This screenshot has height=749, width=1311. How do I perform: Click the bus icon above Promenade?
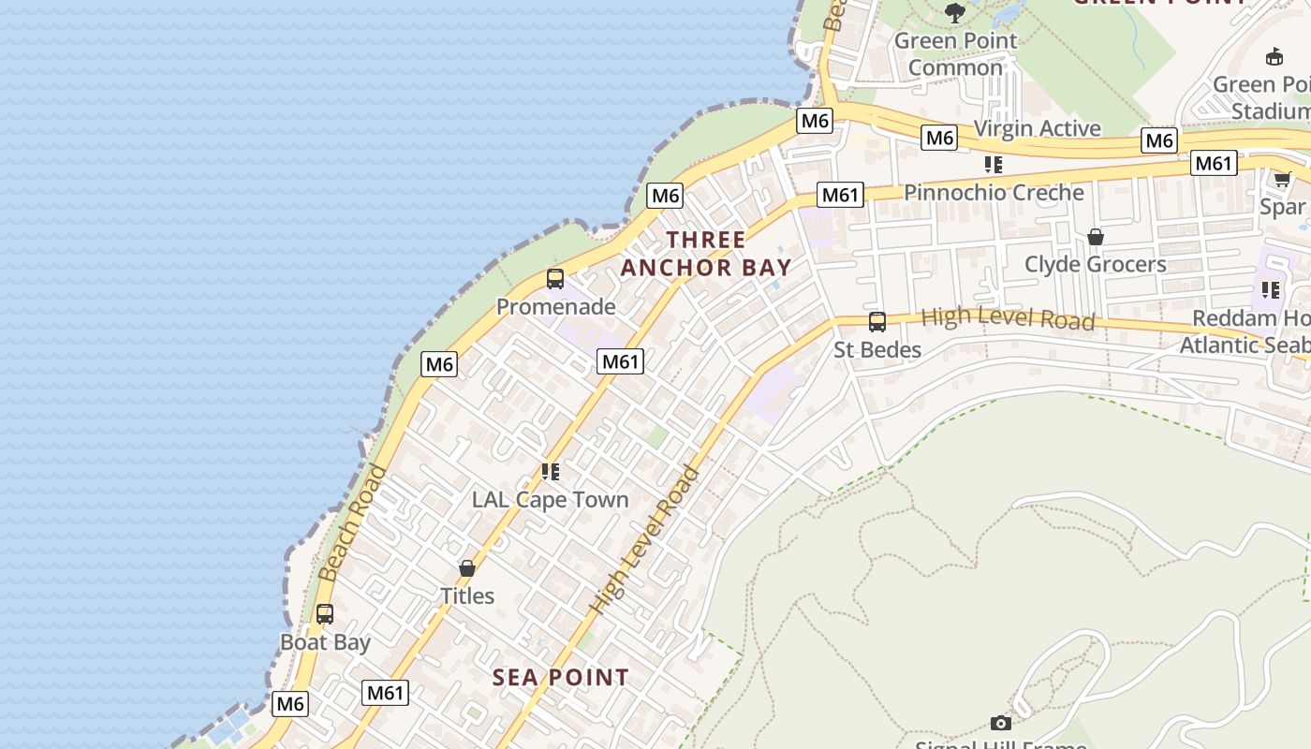click(555, 279)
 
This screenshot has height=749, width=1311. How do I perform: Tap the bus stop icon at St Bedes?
click(876, 322)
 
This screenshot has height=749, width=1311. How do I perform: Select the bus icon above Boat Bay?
click(325, 615)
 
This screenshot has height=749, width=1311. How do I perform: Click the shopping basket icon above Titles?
click(467, 568)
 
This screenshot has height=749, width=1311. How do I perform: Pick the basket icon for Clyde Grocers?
click(1095, 237)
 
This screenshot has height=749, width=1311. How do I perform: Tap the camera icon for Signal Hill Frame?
click(1001, 723)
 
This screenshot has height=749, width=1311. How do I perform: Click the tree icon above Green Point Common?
click(955, 13)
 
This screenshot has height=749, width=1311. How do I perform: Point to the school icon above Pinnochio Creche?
click(994, 165)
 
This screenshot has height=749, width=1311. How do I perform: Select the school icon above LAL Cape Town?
click(551, 472)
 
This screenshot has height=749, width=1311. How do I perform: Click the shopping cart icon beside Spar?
click(1282, 179)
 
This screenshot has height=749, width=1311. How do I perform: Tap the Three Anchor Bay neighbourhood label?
click(706, 254)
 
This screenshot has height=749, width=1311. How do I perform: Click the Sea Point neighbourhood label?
click(561, 677)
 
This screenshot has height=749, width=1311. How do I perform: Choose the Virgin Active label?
click(1037, 128)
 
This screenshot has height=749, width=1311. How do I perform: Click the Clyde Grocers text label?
click(1095, 264)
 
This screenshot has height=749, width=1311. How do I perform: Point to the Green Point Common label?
click(955, 54)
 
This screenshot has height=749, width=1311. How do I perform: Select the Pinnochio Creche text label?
click(994, 193)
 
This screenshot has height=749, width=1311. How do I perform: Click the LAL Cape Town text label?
click(551, 500)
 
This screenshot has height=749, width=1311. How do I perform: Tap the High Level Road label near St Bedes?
click(1008, 318)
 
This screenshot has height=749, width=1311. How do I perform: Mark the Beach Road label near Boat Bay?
click(352, 522)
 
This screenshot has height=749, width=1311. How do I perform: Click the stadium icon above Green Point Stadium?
click(1274, 57)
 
